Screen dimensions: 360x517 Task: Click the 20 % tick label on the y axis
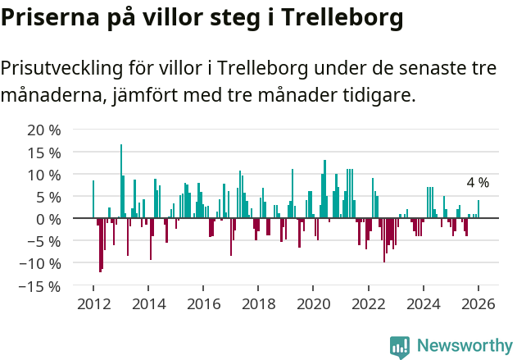[44, 130]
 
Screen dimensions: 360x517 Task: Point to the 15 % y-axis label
[44, 153]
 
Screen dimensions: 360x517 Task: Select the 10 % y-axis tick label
[44, 175]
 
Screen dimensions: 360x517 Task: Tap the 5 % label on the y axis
[48, 197]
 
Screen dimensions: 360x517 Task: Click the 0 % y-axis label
[48, 219]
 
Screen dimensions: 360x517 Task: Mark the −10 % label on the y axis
[40, 263]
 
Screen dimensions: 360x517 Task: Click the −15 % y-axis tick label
[40, 286]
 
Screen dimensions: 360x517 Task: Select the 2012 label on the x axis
[93, 303]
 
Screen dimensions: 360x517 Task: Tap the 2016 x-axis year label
[203, 303]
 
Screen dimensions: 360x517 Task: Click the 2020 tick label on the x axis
[313, 303]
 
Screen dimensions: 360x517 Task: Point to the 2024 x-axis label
[424, 303]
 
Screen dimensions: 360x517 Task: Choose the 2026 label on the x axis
[478, 303]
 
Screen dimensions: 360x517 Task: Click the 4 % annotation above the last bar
[478, 183]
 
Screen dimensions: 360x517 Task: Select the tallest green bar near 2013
[121, 180]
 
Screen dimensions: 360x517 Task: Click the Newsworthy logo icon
[400, 346]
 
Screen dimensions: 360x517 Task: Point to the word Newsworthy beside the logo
[464, 346]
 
